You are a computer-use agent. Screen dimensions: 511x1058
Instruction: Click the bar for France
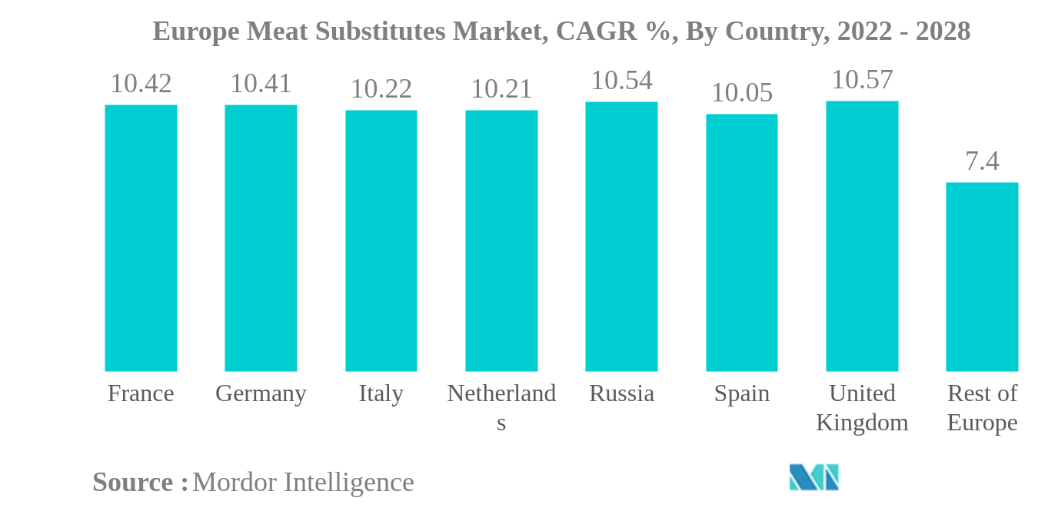point(141,238)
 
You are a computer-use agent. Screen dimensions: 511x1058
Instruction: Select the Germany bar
point(261,238)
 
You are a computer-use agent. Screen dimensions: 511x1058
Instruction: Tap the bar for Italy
point(381,241)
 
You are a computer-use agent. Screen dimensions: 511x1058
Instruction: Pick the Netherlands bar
point(501,241)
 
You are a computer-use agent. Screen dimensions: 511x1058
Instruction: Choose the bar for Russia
point(621,237)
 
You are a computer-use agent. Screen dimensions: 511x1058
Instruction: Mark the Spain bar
point(741,243)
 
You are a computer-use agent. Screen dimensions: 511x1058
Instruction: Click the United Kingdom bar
point(862,236)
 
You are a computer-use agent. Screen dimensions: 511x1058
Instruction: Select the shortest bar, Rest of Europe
point(982,277)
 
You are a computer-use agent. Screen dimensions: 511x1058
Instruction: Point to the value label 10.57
point(862,79)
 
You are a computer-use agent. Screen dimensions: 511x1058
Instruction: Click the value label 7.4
point(982,161)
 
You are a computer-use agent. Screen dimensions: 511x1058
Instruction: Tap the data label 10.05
point(741,92)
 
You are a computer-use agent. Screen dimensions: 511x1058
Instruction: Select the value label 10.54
point(621,80)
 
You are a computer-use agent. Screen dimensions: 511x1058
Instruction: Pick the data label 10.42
point(141,83)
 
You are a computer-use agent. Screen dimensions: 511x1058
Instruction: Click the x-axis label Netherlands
point(501,406)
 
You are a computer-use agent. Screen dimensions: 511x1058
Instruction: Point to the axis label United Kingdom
point(862,407)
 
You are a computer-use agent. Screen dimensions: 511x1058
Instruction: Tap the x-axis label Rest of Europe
point(982,407)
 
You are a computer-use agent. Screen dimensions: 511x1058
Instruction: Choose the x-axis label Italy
point(381,393)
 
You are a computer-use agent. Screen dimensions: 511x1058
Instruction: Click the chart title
point(561,32)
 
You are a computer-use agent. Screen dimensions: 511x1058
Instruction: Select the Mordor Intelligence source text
point(303,482)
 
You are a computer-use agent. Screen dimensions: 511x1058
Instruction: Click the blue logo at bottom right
point(813,477)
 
